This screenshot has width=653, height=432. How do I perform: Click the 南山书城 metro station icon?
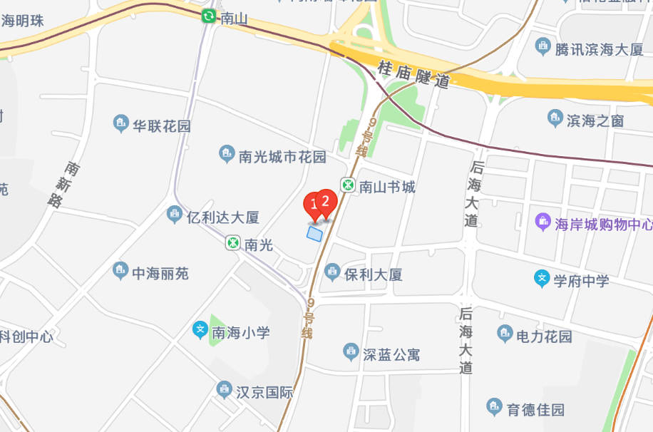[348, 186]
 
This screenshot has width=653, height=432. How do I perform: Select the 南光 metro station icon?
[233, 243]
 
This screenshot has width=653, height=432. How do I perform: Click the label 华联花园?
[162, 126]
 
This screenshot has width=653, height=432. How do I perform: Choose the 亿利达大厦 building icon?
[175, 215]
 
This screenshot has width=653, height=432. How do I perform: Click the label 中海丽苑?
[160, 272]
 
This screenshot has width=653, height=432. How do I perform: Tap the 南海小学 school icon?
[201, 331]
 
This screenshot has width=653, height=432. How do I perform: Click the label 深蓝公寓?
[391, 354]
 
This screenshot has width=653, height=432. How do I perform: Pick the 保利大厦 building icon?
[331, 272]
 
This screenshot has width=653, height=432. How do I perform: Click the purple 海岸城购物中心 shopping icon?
[543, 222]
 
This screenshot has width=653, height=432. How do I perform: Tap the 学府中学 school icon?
[543, 279]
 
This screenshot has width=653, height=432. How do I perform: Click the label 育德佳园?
[535, 409]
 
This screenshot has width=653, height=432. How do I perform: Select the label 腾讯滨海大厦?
[599, 49]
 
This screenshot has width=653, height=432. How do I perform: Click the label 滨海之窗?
[595, 120]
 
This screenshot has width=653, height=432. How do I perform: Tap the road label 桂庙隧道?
[413, 73]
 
